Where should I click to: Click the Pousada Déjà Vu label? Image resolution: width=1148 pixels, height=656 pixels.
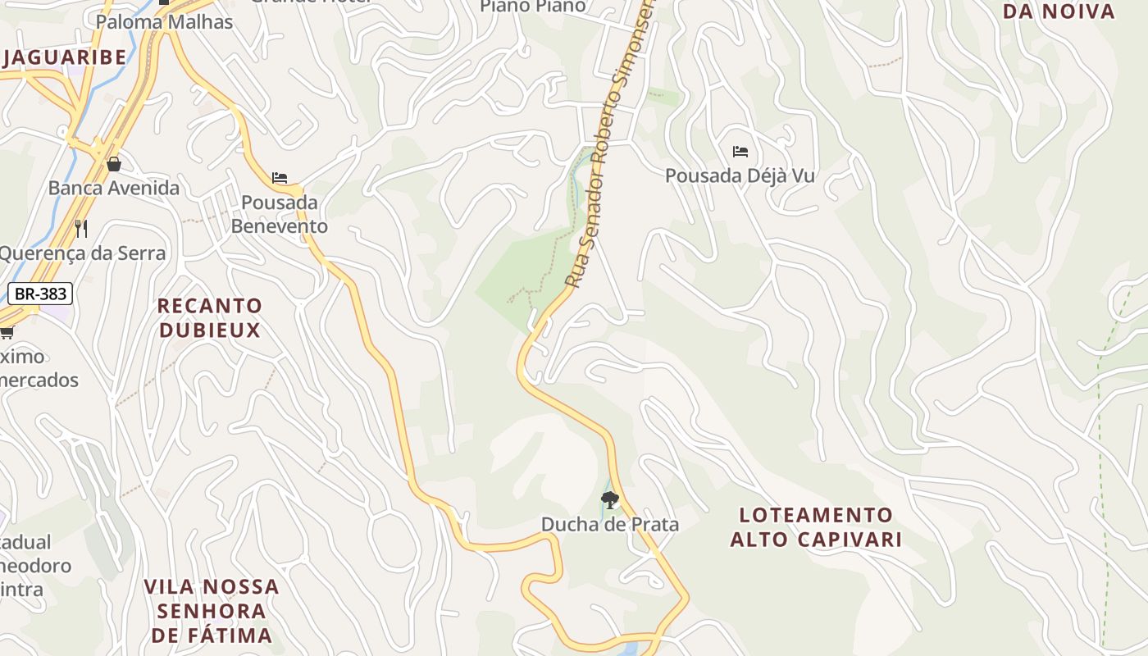click(740, 175)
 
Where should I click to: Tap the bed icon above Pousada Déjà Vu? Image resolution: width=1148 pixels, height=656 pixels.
click(740, 152)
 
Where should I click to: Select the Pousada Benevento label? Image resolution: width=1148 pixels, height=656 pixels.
click(279, 214)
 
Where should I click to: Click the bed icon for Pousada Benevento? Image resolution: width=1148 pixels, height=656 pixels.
click(280, 178)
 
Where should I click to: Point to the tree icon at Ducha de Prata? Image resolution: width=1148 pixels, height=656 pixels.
click(609, 499)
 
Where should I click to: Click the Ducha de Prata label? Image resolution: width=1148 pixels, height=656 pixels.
click(609, 524)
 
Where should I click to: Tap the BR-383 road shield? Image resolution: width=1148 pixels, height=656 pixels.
click(41, 294)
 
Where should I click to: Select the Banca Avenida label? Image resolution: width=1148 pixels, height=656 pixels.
click(113, 188)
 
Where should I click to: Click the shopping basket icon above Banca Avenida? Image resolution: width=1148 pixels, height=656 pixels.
click(113, 164)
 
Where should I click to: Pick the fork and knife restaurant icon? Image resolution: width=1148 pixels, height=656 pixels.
click(80, 228)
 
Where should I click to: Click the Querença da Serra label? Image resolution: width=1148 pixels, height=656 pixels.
click(82, 253)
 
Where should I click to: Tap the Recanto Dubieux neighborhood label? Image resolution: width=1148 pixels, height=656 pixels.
click(210, 318)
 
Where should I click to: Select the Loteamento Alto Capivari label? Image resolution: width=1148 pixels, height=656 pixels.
click(816, 527)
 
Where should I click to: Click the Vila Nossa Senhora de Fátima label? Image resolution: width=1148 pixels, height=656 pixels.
click(212, 611)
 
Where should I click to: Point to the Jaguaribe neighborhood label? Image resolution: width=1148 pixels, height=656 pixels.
click(66, 57)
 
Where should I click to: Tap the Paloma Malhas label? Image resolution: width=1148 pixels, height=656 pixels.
click(164, 21)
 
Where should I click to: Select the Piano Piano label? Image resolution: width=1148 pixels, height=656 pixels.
click(533, 7)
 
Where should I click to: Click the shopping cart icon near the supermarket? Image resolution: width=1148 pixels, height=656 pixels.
click(7, 332)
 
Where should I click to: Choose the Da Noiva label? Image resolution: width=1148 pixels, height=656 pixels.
click(1059, 11)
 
